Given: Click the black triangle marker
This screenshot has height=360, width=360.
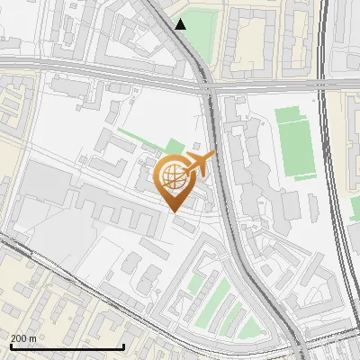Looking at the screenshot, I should coord(181,24).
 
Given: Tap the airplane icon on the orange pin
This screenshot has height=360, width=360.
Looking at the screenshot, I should coord(199,164).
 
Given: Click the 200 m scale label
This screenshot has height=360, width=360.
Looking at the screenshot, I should coord(23,338).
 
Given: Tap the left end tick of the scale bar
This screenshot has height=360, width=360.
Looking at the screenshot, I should coord(10,346).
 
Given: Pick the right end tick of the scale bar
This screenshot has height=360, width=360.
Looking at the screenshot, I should coord(122,346).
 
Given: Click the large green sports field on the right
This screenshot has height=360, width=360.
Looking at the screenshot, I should coord(292,140).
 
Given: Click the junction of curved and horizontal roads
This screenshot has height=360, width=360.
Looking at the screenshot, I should coord(209,87).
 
